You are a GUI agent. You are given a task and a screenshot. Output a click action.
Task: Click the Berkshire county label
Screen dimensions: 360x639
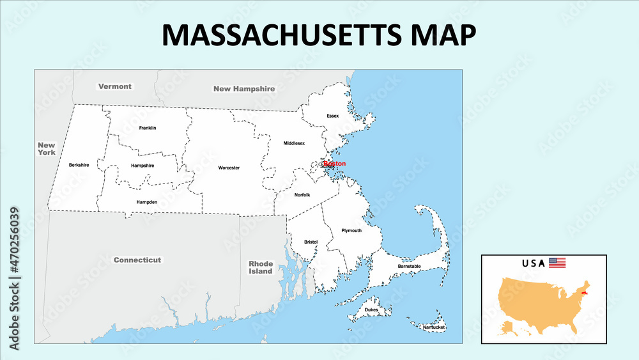coord(79,165)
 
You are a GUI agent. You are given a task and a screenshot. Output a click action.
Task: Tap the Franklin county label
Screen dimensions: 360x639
coord(147,128)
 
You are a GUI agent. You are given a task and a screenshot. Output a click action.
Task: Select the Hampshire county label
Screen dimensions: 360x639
coord(142,166)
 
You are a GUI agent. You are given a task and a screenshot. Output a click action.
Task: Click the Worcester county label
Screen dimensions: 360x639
coord(229,168)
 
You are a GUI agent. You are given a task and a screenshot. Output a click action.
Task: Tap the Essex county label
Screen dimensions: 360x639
coord(332,116)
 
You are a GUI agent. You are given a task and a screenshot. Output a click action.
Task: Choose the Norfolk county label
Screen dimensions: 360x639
coord(302,195)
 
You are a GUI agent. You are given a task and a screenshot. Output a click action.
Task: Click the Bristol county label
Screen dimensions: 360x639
coord(311,242)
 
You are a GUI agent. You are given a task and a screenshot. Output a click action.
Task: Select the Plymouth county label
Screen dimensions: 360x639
coord(351,230)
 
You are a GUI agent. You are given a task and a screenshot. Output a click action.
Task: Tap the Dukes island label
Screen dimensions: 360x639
coord(371,310)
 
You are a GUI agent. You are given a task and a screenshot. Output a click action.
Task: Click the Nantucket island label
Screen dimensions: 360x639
coord(434,327)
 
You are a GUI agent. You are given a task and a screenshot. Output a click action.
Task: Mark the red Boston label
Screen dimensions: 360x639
coord(335,164)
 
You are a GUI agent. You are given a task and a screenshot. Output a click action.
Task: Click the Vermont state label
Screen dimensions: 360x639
coord(115,86)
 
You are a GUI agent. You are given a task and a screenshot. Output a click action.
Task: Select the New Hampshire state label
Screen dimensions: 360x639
coord(244,89)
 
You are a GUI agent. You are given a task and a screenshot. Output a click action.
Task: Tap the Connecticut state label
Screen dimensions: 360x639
coord(137,260)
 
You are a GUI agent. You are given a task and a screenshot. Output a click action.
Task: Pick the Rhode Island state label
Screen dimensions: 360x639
coord(261,267)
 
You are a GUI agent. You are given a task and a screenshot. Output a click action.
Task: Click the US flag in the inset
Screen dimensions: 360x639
coord(557,263)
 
